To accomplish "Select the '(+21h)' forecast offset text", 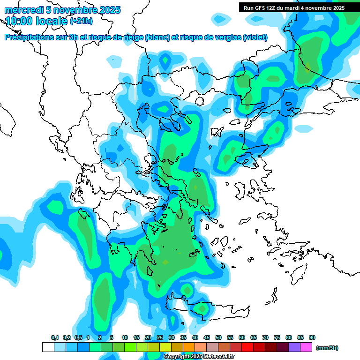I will click(x=81, y=21).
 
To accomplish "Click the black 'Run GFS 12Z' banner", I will click(x=294, y=7).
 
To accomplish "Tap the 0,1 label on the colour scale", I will click(x=55, y=337).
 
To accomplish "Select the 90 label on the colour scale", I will click(x=312, y=337).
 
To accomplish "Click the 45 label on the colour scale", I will click(x=207, y=337).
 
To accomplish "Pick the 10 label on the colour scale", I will click(x=125, y=337).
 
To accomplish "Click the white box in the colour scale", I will click(x=48, y=347).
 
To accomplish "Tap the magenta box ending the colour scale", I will click(x=306, y=347).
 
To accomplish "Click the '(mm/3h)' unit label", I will click(x=327, y=348).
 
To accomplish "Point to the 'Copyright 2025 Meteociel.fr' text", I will click(x=199, y=357).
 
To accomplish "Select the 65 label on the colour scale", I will click(x=254, y=337).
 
